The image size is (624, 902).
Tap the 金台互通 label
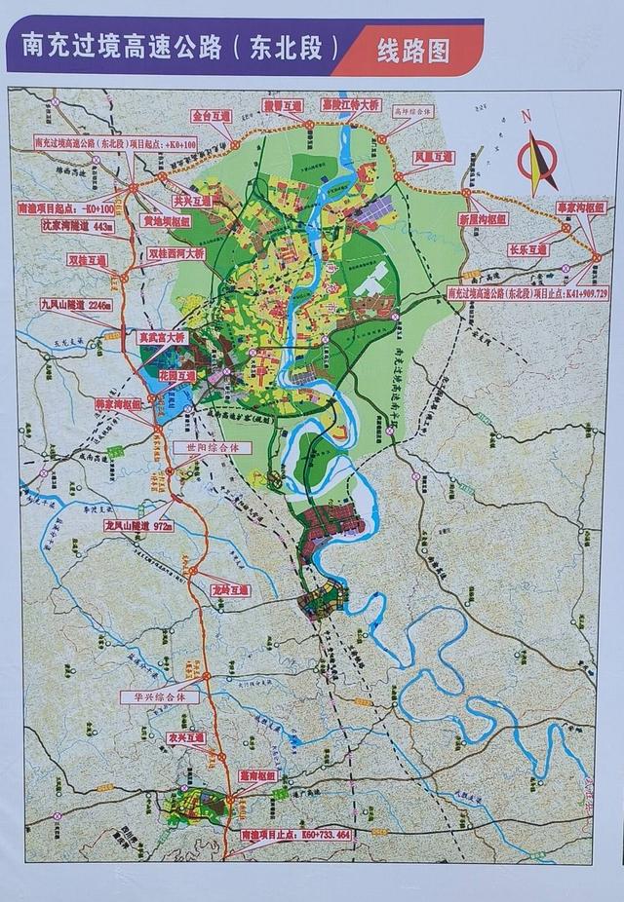(x=213, y=115)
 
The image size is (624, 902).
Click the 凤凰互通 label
(x=434, y=155)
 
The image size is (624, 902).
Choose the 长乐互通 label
(x=527, y=249)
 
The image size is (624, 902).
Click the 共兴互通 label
(x=191, y=200)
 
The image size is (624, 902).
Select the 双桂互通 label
(x=87, y=261)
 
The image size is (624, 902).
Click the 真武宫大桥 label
(x=160, y=337)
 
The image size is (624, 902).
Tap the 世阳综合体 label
(x=212, y=447)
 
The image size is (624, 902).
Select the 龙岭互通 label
(x=231, y=590)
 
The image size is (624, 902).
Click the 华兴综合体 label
(x=159, y=697)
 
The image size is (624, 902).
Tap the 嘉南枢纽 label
(x=259, y=776)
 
